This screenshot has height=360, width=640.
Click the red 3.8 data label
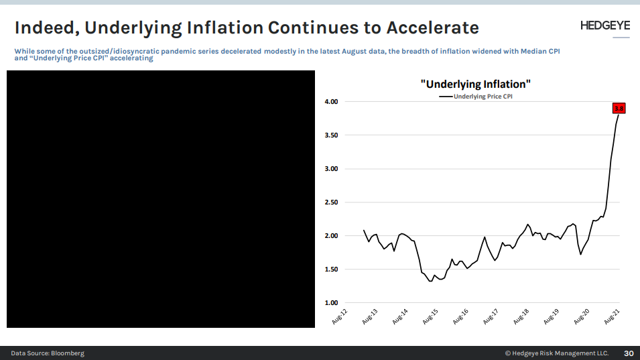[x=619, y=108]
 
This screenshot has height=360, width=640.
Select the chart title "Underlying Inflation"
[x=475, y=84]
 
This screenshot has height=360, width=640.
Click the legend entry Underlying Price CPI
[x=483, y=97]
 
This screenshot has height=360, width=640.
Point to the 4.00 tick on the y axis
[x=331, y=102]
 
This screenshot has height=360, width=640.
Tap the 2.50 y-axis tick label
[x=331, y=202]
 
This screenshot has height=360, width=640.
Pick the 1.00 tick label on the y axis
[x=331, y=303]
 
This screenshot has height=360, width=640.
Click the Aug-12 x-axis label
[x=340, y=317]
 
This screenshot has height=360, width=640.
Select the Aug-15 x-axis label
[x=430, y=317]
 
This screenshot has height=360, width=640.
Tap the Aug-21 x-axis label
[x=611, y=317]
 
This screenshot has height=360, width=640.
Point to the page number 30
[x=629, y=353]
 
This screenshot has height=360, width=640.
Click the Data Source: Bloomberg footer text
[x=47, y=353]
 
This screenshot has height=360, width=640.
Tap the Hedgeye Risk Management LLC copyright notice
[x=556, y=353]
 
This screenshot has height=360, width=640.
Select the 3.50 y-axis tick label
[x=331, y=135]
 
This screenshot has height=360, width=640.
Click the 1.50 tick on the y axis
[x=331, y=269]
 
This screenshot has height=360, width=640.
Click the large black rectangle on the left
[x=161, y=199]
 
